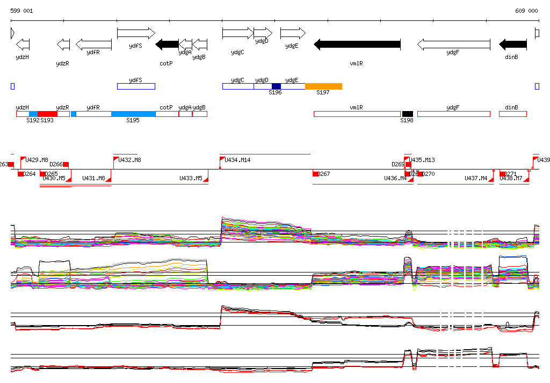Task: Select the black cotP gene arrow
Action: (x=167, y=45)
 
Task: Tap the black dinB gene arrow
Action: (x=513, y=45)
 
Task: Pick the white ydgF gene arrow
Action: (x=454, y=45)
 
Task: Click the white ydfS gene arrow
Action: (x=135, y=33)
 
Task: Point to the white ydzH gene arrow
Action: (x=23, y=45)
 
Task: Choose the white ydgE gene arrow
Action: (x=293, y=33)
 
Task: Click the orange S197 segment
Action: (x=323, y=86)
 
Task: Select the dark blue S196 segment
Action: (x=276, y=86)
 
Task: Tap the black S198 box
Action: (x=408, y=114)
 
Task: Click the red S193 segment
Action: (x=47, y=114)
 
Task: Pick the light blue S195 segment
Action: (x=133, y=114)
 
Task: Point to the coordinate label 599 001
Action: (x=21, y=11)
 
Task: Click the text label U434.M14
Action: (x=237, y=160)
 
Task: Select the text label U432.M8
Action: (x=129, y=160)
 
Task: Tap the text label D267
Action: (x=324, y=174)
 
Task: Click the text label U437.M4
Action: (x=476, y=178)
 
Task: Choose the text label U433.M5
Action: (x=191, y=178)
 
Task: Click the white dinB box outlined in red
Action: (x=512, y=114)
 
